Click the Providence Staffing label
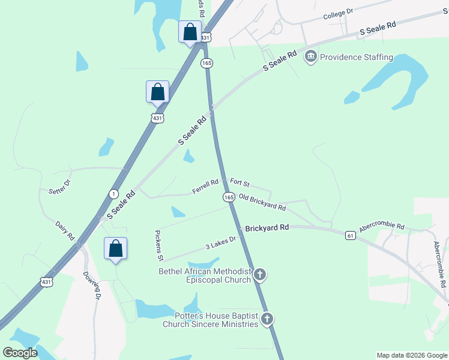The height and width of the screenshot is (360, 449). pos(357,58)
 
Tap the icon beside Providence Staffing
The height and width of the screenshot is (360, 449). pos(311,58)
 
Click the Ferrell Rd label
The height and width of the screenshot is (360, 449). pos(205,187)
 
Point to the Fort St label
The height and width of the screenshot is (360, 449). pos(240,182)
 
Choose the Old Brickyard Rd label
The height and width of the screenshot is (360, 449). pos(262,202)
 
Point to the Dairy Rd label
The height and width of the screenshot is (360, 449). pos(64,229)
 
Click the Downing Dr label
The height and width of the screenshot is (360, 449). pos(91,285)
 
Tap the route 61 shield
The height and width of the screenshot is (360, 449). pos(351,236)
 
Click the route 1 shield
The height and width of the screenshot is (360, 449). pos(113,193)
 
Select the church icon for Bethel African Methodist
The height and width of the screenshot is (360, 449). pos(259,275)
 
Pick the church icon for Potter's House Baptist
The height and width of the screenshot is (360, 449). pos(267,319)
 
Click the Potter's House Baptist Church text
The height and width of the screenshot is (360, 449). pos(210,320)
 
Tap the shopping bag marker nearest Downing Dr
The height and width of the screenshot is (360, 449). pos(115,249)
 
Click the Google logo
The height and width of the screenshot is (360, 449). pos(20,352)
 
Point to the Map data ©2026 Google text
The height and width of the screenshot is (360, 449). pos(411,355)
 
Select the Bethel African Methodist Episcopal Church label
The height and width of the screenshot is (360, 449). pos(205,275)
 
